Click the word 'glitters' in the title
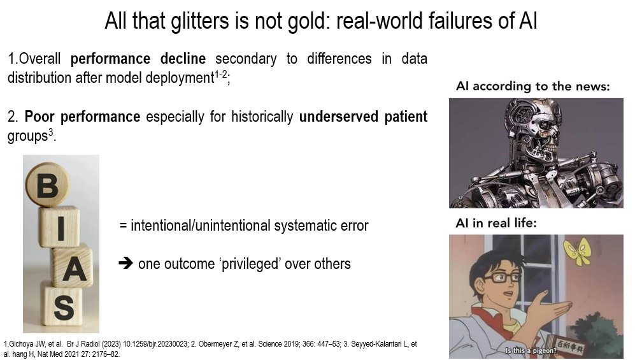(201, 21)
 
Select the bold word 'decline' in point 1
(183, 59)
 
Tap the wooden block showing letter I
(59, 227)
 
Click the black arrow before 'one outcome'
(126, 264)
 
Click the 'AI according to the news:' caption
(532, 86)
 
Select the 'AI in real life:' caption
(496, 223)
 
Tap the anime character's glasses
(501, 278)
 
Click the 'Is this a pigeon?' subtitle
(531, 350)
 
